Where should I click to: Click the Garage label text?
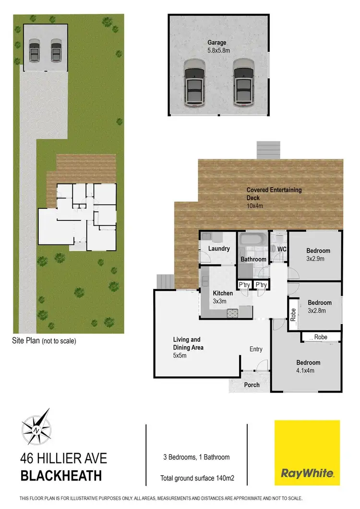tap(217, 43)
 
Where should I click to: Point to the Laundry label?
tap(219, 249)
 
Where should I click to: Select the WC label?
tap(282, 249)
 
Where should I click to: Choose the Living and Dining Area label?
tap(188, 343)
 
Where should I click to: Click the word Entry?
tap(256, 349)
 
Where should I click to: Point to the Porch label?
tap(252, 385)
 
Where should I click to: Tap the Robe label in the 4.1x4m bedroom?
tap(321, 337)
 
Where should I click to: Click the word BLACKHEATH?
tap(61, 476)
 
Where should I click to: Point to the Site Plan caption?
tap(44, 341)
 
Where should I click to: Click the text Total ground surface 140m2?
tap(196, 478)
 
